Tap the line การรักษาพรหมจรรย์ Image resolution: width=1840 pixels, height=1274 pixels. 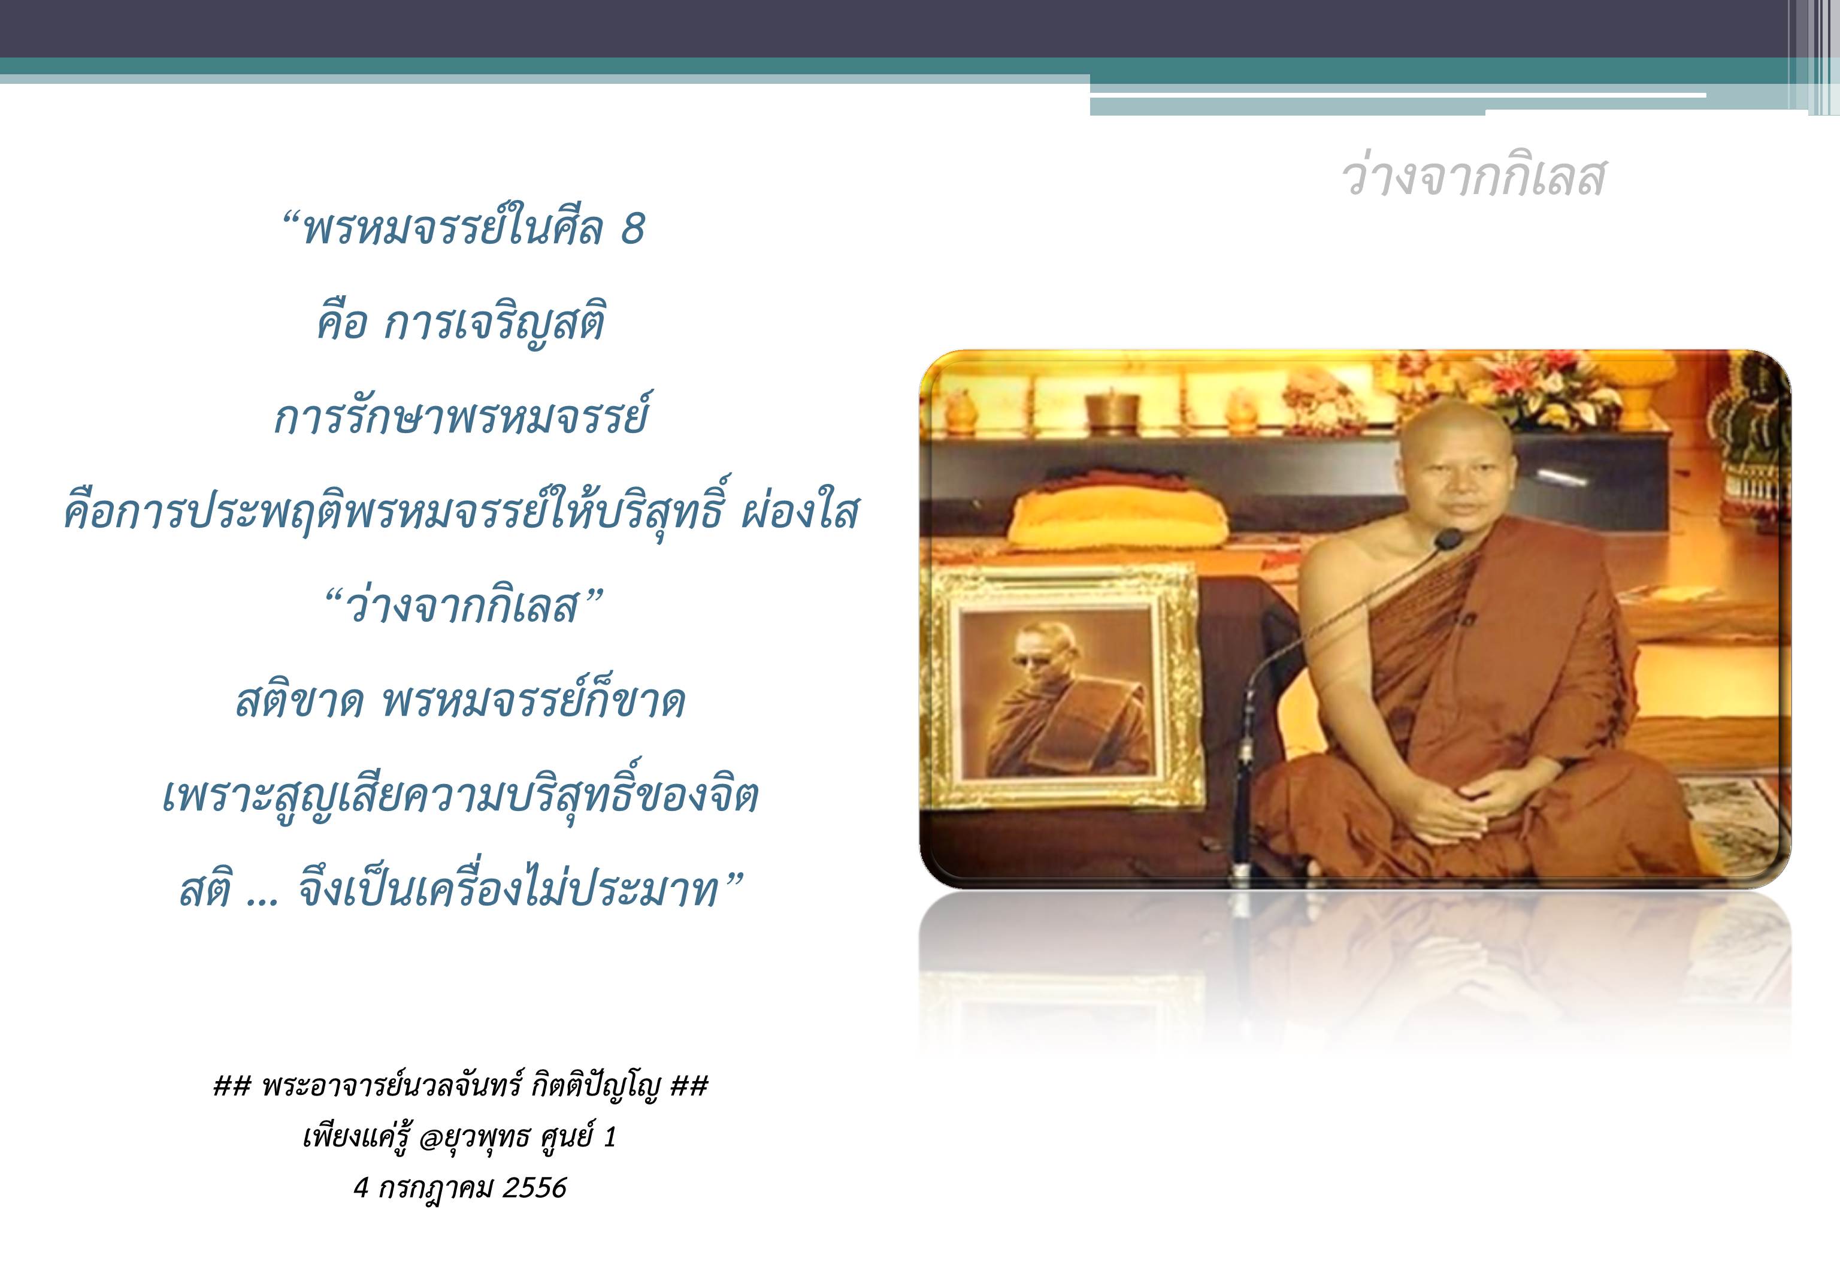tap(461, 416)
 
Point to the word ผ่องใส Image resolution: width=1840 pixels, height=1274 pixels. tap(800, 511)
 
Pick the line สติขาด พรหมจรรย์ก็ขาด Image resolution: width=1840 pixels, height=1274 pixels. tap(461, 701)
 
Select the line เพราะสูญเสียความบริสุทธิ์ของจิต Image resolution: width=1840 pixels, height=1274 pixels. tap(461, 795)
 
